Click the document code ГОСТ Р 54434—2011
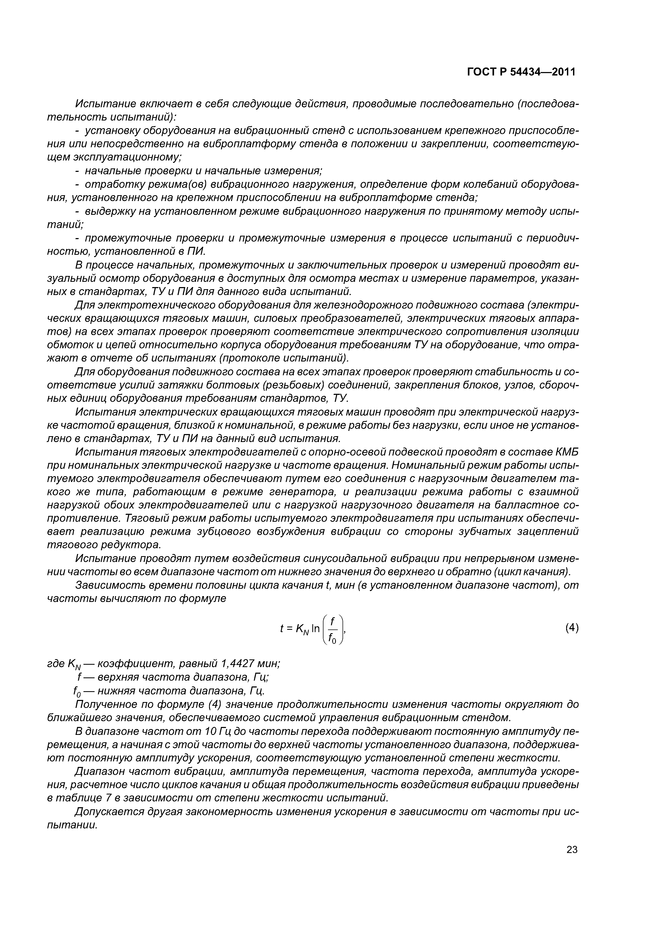pos(521,72)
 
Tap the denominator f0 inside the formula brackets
pos(332,638)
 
